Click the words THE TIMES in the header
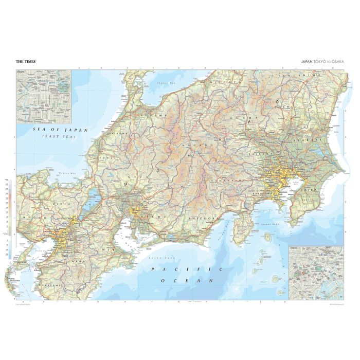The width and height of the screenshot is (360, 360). pyautogui.click(x=25, y=62)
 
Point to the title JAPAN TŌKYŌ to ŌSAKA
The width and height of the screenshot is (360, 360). pyautogui.click(x=322, y=62)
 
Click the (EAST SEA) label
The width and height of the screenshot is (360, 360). pyautogui.click(x=59, y=137)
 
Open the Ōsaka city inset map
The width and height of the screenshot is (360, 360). pyautogui.click(x=44, y=96)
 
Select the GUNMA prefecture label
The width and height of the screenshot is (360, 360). pyautogui.click(x=246, y=118)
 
